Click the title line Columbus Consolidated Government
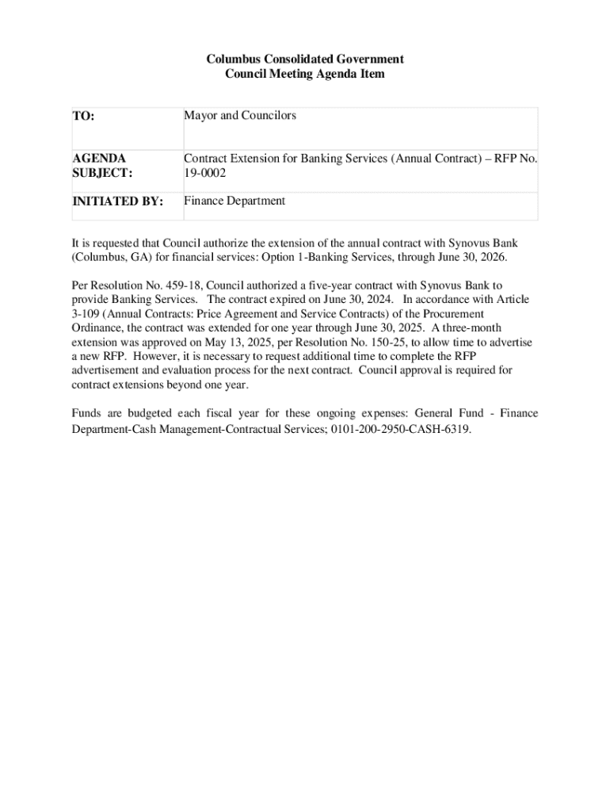(x=305, y=59)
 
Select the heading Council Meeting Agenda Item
(x=305, y=74)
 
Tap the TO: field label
(x=84, y=117)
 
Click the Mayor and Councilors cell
(x=240, y=116)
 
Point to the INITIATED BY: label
(x=118, y=201)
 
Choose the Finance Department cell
(x=234, y=201)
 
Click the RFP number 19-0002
(x=200, y=173)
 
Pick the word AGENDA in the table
(x=99, y=159)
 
